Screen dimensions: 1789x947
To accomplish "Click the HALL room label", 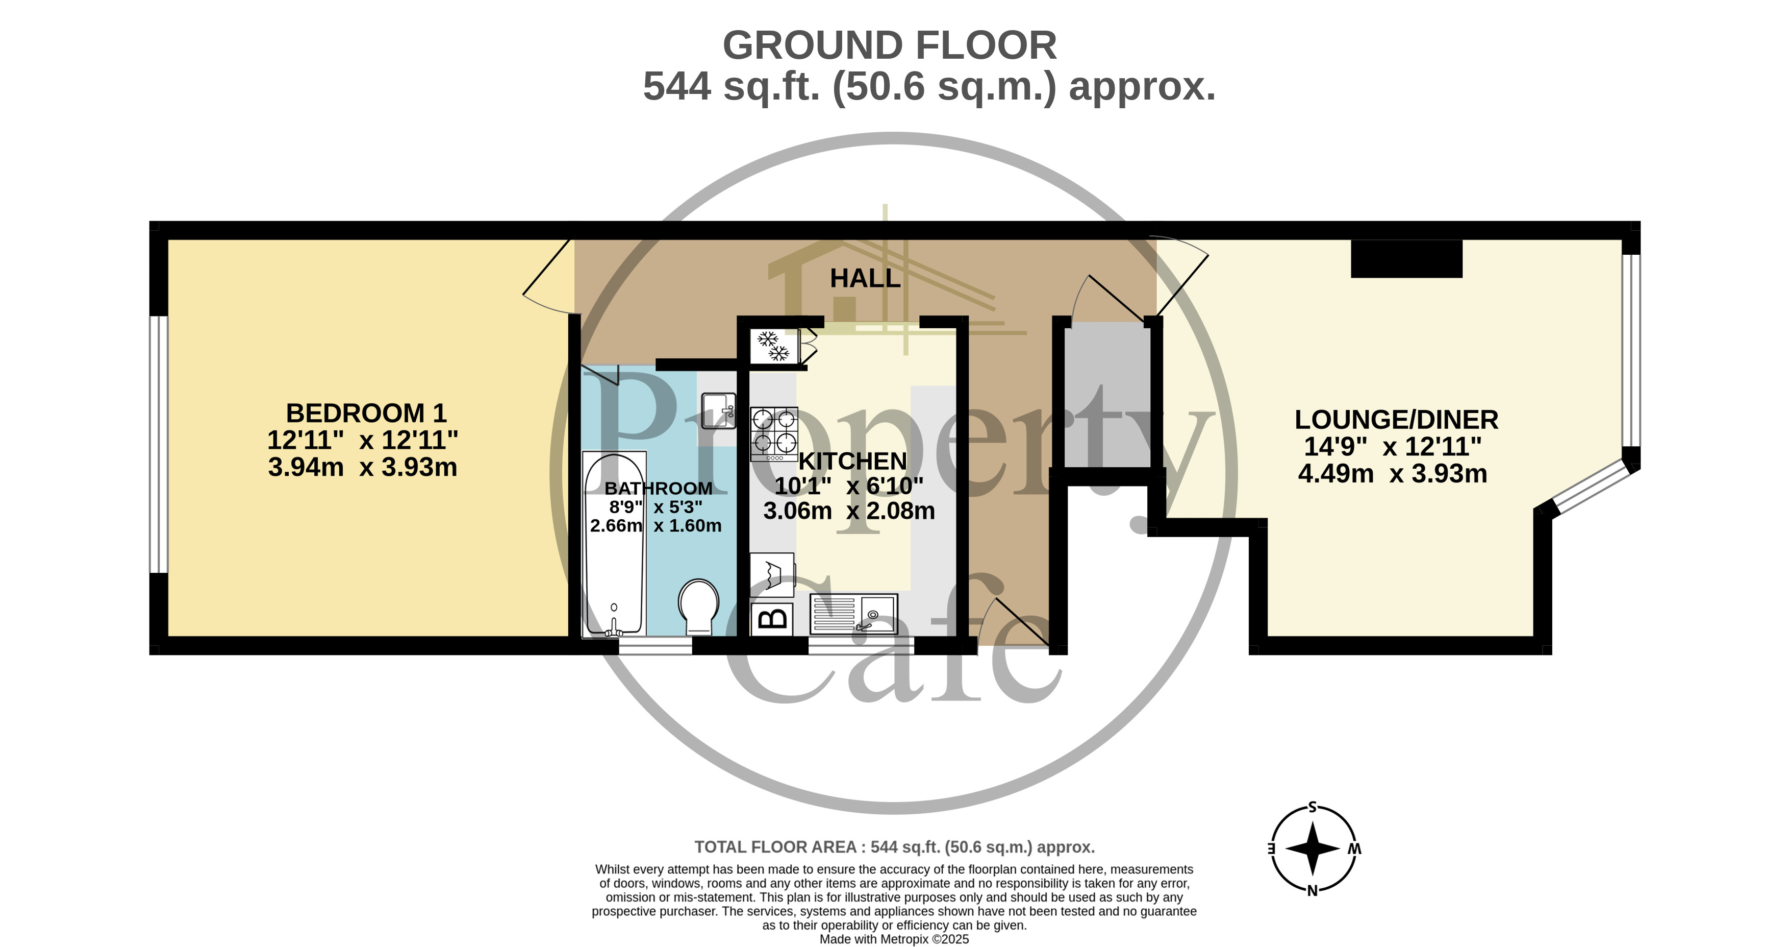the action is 865,279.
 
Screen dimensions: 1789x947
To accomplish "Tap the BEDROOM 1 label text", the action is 366,414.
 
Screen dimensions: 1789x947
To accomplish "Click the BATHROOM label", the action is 659,489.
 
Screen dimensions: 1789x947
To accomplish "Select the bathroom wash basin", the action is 718,410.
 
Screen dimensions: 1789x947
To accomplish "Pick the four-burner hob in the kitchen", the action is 774,434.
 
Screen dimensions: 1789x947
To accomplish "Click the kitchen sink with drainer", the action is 853,614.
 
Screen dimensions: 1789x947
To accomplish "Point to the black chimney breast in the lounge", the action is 1406,258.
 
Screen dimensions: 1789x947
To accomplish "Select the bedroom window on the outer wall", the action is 159,445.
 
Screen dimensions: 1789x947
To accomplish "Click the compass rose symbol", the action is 1313,848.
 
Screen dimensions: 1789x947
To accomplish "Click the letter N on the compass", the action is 1313,891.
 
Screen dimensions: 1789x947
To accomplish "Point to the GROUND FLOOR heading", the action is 890,46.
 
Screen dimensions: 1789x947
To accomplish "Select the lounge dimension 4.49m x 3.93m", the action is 1393,474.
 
